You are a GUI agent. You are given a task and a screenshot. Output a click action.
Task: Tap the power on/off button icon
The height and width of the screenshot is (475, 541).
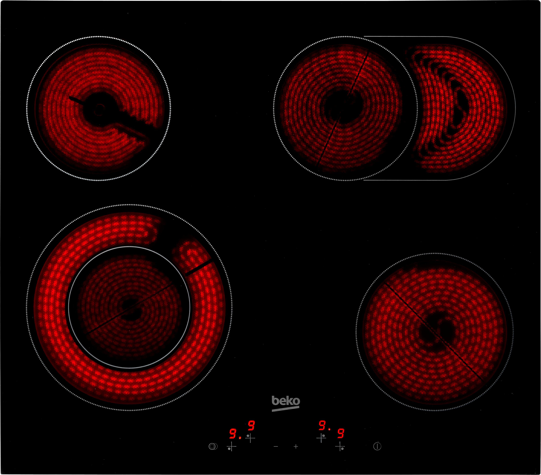pos(377,446)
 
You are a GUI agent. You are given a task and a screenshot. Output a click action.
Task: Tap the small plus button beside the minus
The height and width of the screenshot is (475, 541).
pos(296,446)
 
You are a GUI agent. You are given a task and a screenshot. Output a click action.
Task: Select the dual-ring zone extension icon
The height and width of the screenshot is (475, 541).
pos(213,446)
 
